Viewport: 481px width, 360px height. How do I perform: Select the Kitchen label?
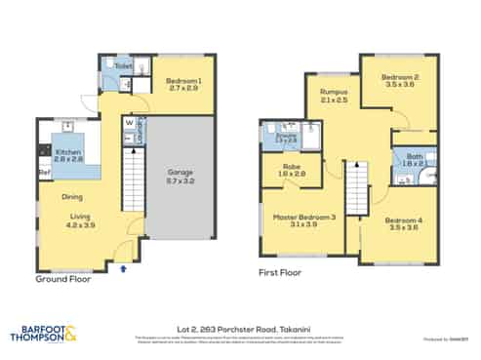coord(67,152)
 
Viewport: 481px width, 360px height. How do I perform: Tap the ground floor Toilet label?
coord(124,66)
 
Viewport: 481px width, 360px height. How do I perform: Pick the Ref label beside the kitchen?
coord(44,174)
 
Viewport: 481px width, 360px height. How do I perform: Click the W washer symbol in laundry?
coord(129,124)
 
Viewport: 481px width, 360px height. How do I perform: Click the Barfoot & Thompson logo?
coord(49,335)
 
